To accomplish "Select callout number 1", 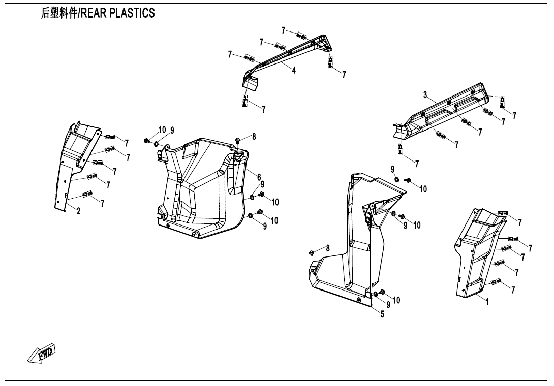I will [487, 302].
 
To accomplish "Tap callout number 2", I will [78, 211].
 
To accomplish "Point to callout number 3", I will [425, 94].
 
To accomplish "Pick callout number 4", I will [294, 71].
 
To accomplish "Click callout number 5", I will [382, 314].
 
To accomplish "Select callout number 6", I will [259, 177].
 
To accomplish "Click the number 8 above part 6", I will [254, 136].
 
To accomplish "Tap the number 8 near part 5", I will [328, 248].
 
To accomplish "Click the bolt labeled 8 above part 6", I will [238, 139].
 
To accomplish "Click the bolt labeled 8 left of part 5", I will [312, 252].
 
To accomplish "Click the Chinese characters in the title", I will [58, 13].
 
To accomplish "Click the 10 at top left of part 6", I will [162, 130].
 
